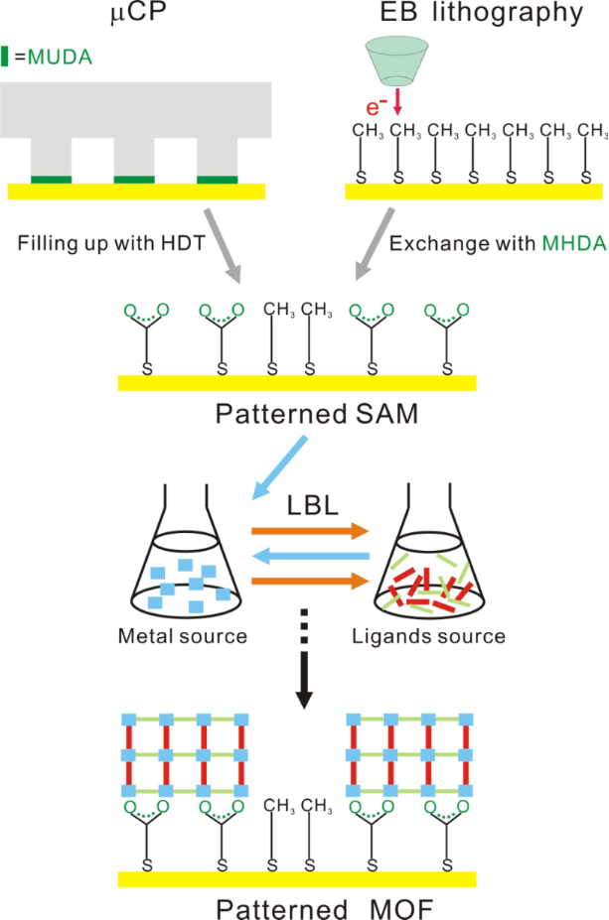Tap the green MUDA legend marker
7,57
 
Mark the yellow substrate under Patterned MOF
297,878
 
